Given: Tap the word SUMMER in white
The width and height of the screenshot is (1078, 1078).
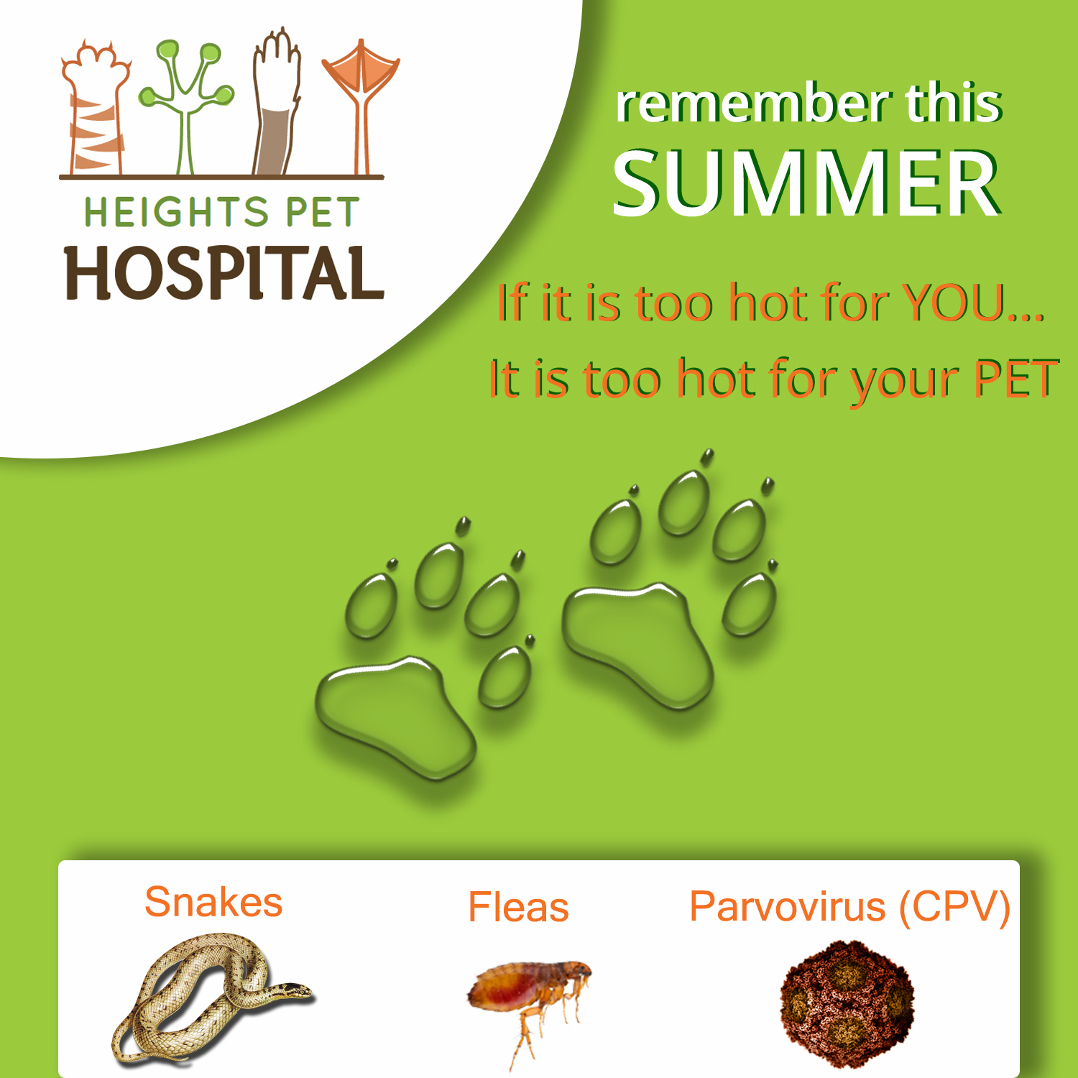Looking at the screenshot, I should coord(806,183).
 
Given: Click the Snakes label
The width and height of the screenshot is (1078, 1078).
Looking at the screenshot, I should coord(213,903).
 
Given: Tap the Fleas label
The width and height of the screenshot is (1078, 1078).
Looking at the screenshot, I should coord(518,907).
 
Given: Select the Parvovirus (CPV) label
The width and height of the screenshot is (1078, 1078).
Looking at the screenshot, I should coord(849,907).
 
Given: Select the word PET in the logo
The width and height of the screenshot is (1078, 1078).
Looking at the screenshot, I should coord(323,213).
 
